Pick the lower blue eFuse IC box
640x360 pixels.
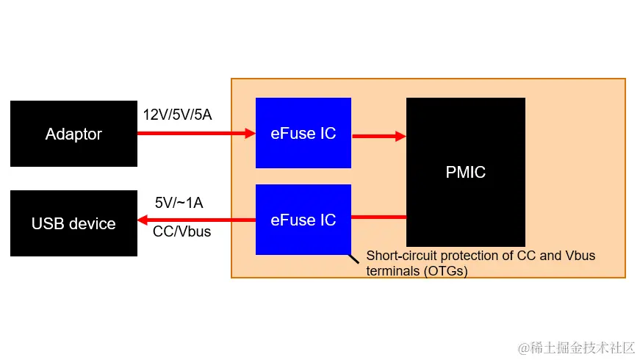303,240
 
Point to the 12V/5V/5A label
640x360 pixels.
177,115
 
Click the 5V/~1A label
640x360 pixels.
179,203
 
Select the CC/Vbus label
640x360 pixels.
181,231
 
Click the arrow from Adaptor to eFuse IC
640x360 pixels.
195,134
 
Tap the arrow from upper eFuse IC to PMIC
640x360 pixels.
378,136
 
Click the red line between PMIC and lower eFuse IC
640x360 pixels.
378,217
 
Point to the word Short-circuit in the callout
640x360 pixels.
398,256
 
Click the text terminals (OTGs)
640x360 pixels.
417,270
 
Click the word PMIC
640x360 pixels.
466,173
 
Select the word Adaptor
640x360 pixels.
73,134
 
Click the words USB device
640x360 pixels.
73,223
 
